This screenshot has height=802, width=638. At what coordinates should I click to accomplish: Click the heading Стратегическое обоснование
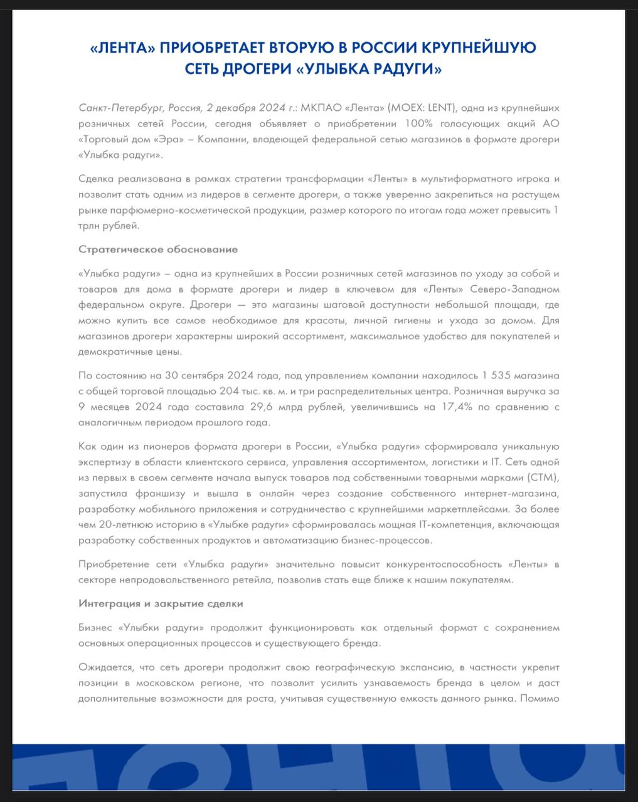pos(158,249)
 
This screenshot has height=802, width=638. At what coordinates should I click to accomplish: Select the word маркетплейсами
pos(462,509)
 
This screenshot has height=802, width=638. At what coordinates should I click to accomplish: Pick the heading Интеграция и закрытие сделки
pos(161,603)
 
